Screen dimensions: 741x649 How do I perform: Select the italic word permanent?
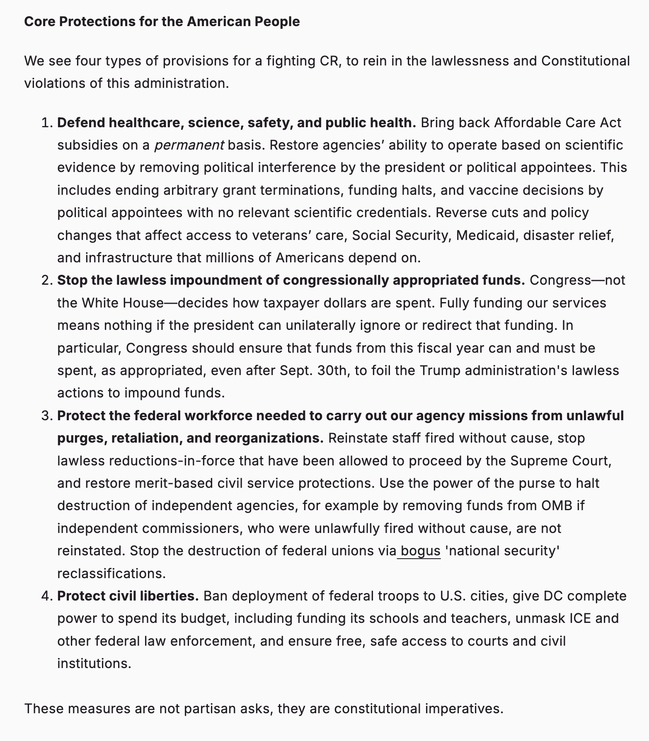(x=189, y=145)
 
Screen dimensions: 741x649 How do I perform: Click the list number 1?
(x=47, y=123)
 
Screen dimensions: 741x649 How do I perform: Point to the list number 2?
(x=46, y=281)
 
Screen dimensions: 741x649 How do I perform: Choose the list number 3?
(x=46, y=416)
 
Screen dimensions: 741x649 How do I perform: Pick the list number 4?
(x=46, y=596)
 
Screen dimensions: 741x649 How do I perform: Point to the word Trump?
(x=440, y=370)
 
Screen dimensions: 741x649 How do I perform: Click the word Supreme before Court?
(x=538, y=461)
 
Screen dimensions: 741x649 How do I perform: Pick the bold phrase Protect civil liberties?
(x=128, y=596)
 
